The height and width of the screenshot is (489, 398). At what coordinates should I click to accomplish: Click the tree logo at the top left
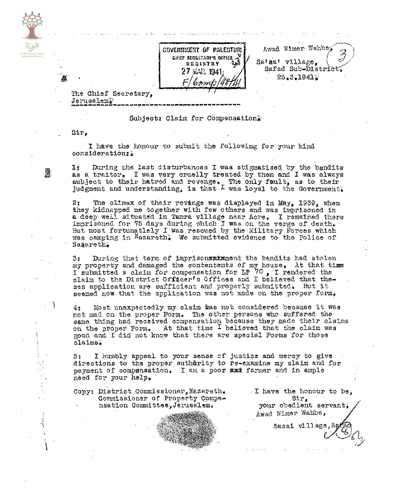coord(32,26)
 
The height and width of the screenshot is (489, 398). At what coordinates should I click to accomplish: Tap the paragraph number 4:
coord(77,308)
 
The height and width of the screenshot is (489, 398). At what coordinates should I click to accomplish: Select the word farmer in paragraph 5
coord(258,370)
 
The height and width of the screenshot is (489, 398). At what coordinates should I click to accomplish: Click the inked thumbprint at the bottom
coord(186,429)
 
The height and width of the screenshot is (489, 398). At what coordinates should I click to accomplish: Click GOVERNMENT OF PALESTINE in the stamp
coord(202,50)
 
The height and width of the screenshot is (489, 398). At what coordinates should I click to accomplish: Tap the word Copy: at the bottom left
coord(82,391)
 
